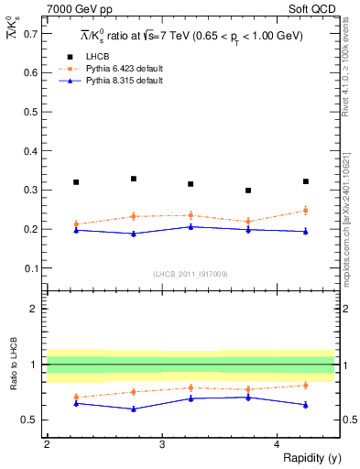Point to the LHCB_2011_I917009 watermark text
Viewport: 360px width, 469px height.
point(190,274)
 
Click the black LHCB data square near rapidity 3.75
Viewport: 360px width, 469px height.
point(248,191)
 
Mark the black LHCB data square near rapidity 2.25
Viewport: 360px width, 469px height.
point(75,182)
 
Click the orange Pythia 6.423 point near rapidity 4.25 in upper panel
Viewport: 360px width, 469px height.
point(306,211)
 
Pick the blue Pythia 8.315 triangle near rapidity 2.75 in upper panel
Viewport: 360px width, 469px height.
point(133,234)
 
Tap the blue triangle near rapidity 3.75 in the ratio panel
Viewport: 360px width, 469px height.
point(248,397)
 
